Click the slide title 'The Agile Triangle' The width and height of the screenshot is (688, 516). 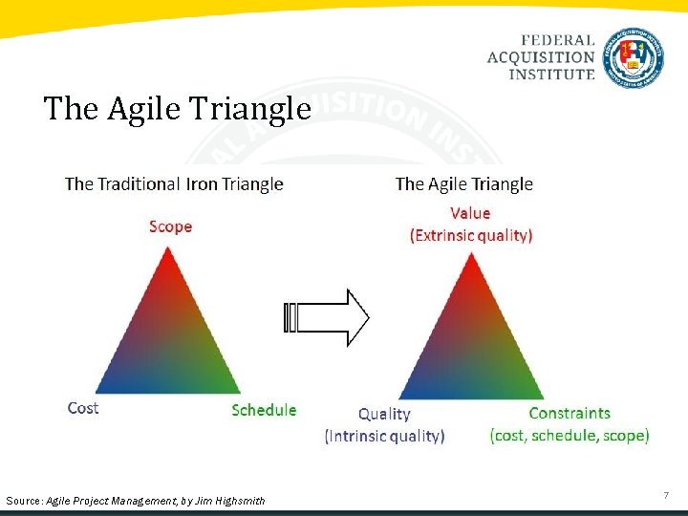[177, 110]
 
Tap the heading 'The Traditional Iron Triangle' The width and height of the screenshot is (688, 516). [174, 183]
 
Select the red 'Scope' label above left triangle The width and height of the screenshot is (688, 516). [170, 226]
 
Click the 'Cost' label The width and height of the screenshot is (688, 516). [83, 408]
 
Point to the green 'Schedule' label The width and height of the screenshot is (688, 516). [264, 410]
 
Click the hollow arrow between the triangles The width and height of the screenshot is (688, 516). [328, 317]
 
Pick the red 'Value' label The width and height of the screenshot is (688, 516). [469, 213]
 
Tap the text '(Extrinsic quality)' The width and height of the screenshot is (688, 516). [471, 235]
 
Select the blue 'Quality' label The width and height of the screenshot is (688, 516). [384, 414]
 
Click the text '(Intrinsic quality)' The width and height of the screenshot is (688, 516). [385, 436]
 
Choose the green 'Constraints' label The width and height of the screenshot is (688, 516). [569, 413]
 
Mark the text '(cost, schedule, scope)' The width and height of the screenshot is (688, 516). [570, 435]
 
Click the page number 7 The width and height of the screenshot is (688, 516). [666, 495]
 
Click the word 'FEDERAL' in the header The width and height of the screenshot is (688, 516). [558, 41]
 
